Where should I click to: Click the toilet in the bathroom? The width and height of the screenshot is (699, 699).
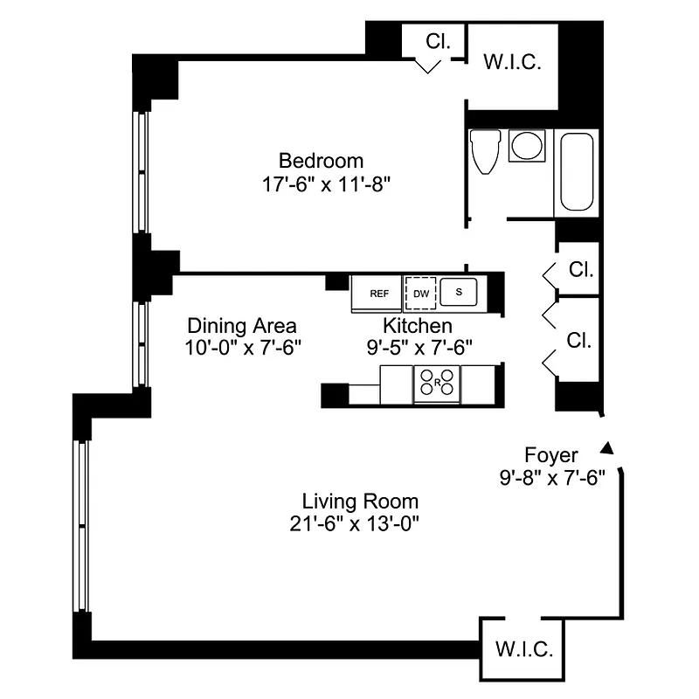[x=483, y=152]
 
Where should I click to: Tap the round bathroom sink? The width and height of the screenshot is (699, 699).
[x=527, y=145]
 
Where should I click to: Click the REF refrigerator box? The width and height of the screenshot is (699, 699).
[x=378, y=294]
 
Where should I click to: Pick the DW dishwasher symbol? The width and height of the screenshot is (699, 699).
[x=420, y=294]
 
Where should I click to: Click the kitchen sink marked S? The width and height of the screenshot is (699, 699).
[x=458, y=292]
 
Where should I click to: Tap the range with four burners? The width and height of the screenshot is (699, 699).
[x=436, y=382]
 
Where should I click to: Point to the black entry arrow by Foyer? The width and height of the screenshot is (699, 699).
[x=608, y=448]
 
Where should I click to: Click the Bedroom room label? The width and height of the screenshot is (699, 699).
[x=321, y=161]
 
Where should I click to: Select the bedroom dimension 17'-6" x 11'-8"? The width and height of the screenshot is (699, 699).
[x=321, y=184]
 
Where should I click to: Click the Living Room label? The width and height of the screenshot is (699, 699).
[x=360, y=502]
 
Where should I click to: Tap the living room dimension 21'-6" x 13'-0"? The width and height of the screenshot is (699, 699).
[x=360, y=525]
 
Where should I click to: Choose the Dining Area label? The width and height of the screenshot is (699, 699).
[x=242, y=325]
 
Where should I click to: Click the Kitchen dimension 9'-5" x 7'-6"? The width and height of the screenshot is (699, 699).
[x=419, y=347]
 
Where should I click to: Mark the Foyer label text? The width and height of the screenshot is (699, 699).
[x=550, y=454]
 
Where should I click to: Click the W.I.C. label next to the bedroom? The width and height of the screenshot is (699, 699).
[x=513, y=63]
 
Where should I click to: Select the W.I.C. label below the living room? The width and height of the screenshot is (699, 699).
[x=523, y=650]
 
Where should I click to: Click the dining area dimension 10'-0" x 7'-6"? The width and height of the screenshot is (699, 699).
[x=242, y=347]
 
